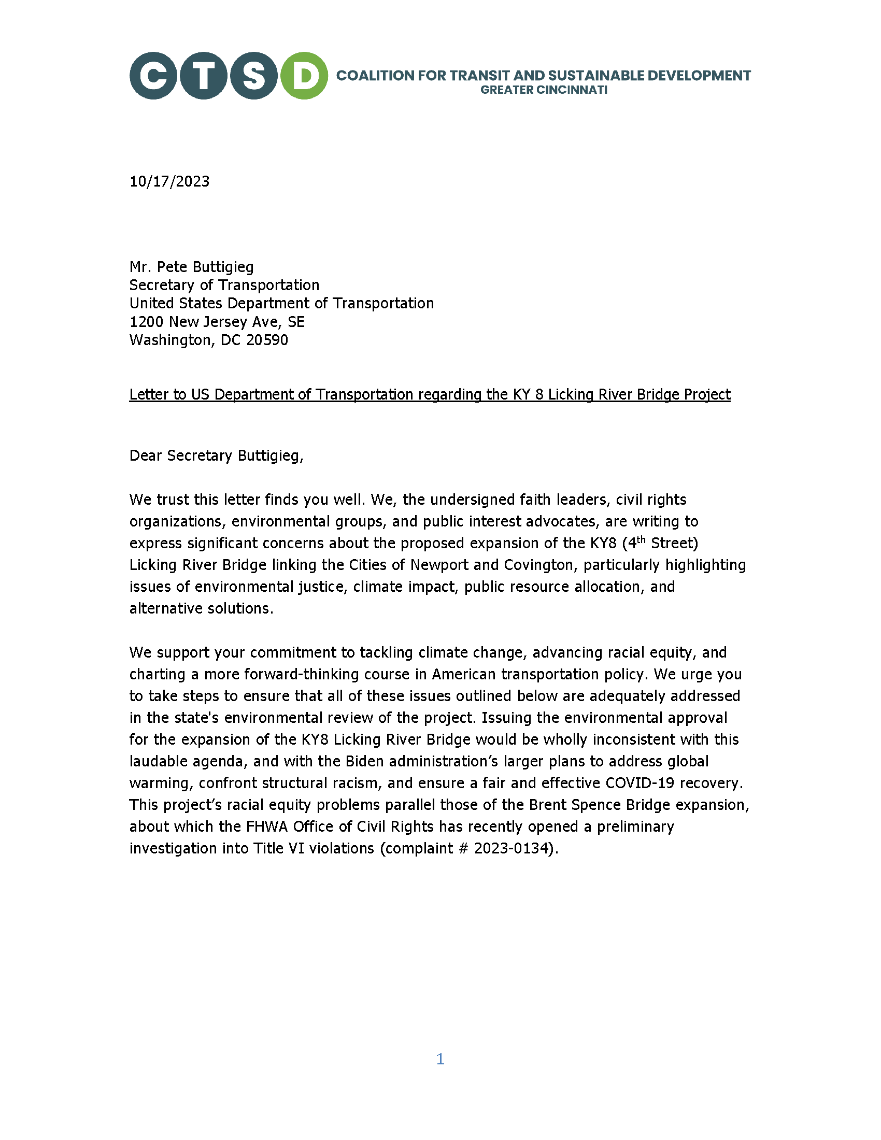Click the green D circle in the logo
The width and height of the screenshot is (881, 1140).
coord(304,76)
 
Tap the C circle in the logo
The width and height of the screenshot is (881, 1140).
coord(153,76)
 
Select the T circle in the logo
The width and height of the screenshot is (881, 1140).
coord(204,76)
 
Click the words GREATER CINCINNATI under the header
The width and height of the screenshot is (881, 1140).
coord(543,90)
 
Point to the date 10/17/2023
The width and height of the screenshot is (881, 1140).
coord(169,182)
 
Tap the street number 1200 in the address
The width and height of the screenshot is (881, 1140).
coord(146,322)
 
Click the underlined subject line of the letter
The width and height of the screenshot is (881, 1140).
coord(430,395)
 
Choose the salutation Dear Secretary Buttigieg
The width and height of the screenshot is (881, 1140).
coord(216,455)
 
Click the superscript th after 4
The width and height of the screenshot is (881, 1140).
coord(641,540)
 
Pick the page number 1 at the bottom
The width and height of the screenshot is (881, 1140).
coord(440,1059)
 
